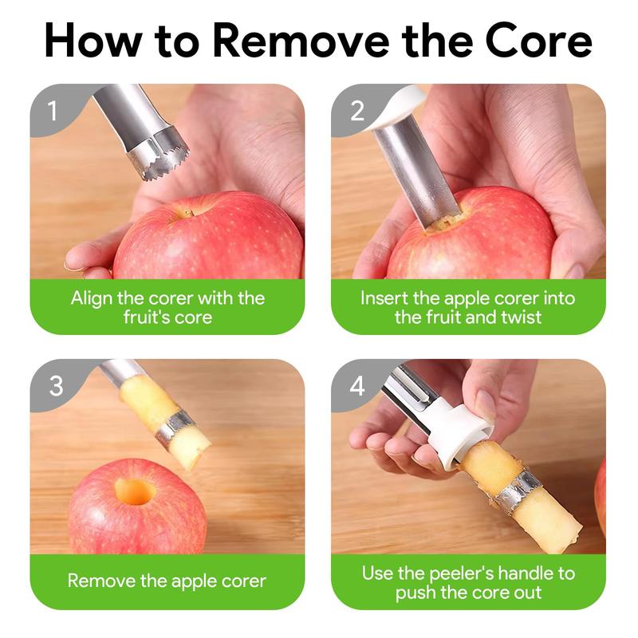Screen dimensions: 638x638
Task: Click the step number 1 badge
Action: tap(53, 111)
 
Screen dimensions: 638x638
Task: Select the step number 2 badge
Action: tap(356, 111)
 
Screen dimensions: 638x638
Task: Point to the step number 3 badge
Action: tap(55, 386)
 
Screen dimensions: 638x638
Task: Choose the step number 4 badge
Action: tap(356, 386)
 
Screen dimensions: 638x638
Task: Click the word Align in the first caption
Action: tap(91, 298)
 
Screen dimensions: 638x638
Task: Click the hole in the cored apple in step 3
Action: tap(135, 491)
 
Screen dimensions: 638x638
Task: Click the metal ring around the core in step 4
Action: tap(518, 490)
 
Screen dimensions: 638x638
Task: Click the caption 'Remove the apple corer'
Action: tap(167, 581)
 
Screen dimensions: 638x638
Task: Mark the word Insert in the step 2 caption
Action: tap(384, 298)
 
